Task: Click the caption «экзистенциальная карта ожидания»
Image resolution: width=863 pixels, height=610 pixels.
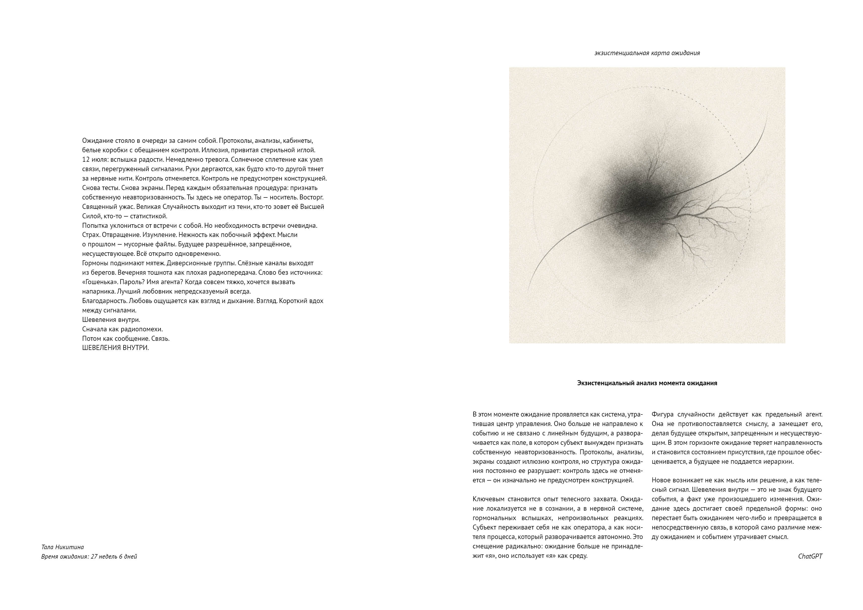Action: pyautogui.click(x=647, y=53)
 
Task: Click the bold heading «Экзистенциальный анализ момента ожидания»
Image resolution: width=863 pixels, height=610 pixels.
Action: pyautogui.click(x=647, y=383)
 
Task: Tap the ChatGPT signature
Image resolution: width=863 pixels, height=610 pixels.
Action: pyautogui.click(x=810, y=556)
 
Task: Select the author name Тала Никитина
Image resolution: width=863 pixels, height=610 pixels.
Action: pyautogui.click(x=62, y=547)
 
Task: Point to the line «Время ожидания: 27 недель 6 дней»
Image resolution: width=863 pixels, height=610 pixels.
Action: pyautogui.click(x=89, y=556)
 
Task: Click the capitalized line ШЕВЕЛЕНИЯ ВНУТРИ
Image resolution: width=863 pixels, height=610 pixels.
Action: pyautogui.click(x=115, y=348)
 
